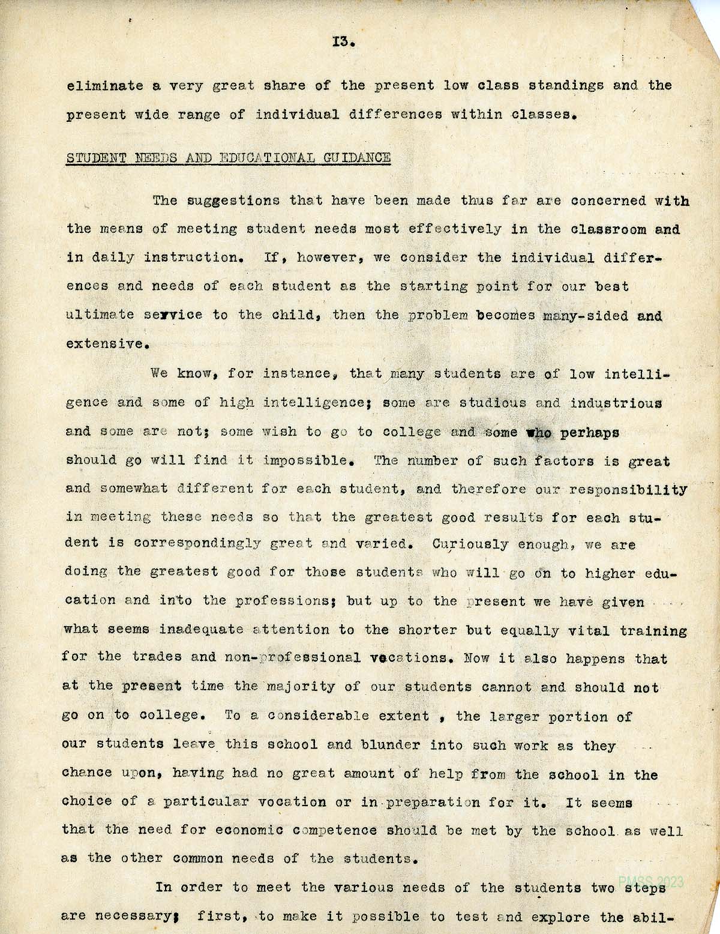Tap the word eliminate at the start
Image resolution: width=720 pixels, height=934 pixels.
point(105,85)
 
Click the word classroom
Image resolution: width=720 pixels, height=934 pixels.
point(608,229)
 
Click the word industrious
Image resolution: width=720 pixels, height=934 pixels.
point(616,403)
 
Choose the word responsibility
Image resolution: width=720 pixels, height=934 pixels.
point(628,490)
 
